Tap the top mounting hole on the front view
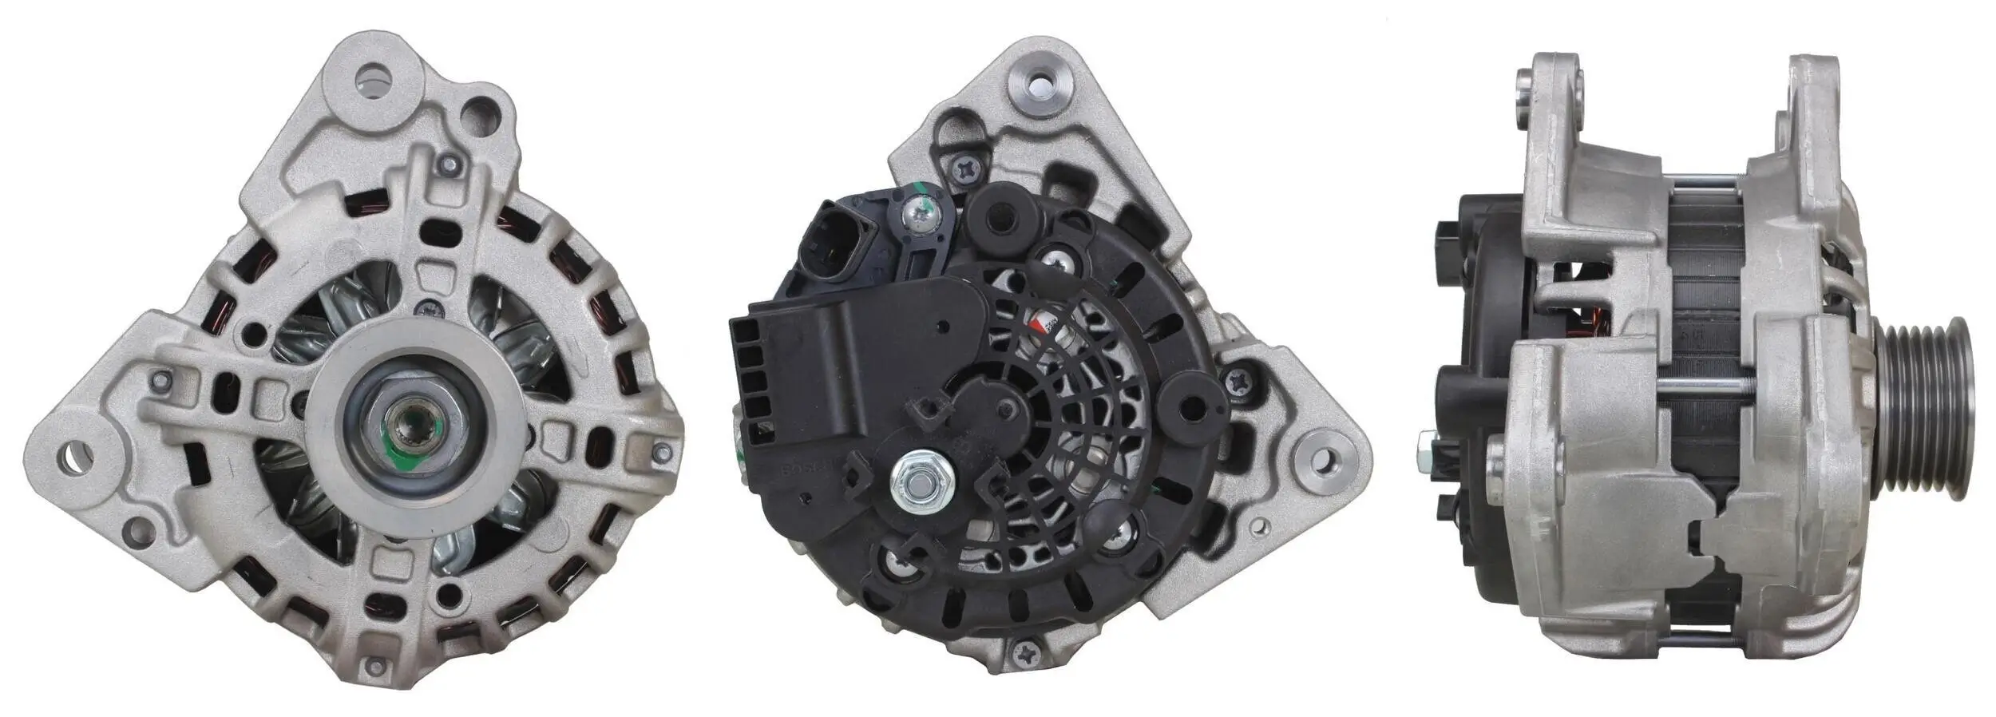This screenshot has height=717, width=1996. point(376,79)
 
